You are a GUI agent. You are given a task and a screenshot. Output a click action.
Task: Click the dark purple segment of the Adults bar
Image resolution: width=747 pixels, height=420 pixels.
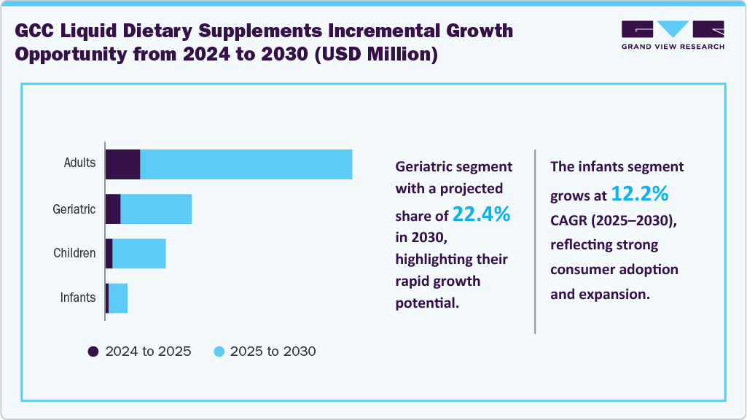tap(122, 164)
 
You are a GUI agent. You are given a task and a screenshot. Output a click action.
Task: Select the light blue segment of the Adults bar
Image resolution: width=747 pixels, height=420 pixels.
tap(246, 164)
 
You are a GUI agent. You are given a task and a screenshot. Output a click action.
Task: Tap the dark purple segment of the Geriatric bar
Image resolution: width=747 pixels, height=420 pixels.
tap(113, 209)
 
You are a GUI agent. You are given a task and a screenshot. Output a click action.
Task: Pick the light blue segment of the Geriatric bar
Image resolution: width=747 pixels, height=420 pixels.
tap(156, 209)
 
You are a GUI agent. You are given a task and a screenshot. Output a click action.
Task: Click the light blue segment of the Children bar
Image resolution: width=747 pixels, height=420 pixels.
tap(139, 254)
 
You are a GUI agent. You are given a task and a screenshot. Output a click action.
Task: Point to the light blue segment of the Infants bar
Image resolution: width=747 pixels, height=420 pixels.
tap(118, 298)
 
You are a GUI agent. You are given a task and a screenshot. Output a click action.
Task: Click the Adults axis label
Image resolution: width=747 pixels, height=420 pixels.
tap(79, 163)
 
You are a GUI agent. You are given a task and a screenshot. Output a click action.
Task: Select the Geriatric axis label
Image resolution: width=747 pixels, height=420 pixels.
tap(74, 209)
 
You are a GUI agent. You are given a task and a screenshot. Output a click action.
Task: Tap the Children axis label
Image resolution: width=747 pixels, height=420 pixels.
tap(74, 254)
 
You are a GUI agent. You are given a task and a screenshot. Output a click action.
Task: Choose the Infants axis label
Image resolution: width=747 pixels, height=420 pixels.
tap(78, 297)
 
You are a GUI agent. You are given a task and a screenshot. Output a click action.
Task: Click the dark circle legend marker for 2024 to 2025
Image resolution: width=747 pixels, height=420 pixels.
tap(93, 351)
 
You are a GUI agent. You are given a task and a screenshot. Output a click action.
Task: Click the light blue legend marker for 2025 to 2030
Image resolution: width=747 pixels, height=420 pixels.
tap(219, 351)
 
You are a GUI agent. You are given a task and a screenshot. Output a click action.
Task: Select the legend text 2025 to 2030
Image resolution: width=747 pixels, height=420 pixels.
tap(273, 351)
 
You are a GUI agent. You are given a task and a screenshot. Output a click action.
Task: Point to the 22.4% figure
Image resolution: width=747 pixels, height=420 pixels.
tap(481, 214)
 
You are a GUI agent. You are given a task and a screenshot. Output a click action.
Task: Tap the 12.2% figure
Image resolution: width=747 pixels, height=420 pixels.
tap(639, 194)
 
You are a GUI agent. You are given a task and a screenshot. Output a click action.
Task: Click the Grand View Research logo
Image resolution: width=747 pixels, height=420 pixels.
tap(673, 35)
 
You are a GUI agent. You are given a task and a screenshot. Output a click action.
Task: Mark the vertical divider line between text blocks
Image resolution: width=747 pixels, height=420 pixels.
tap(535, 241)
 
